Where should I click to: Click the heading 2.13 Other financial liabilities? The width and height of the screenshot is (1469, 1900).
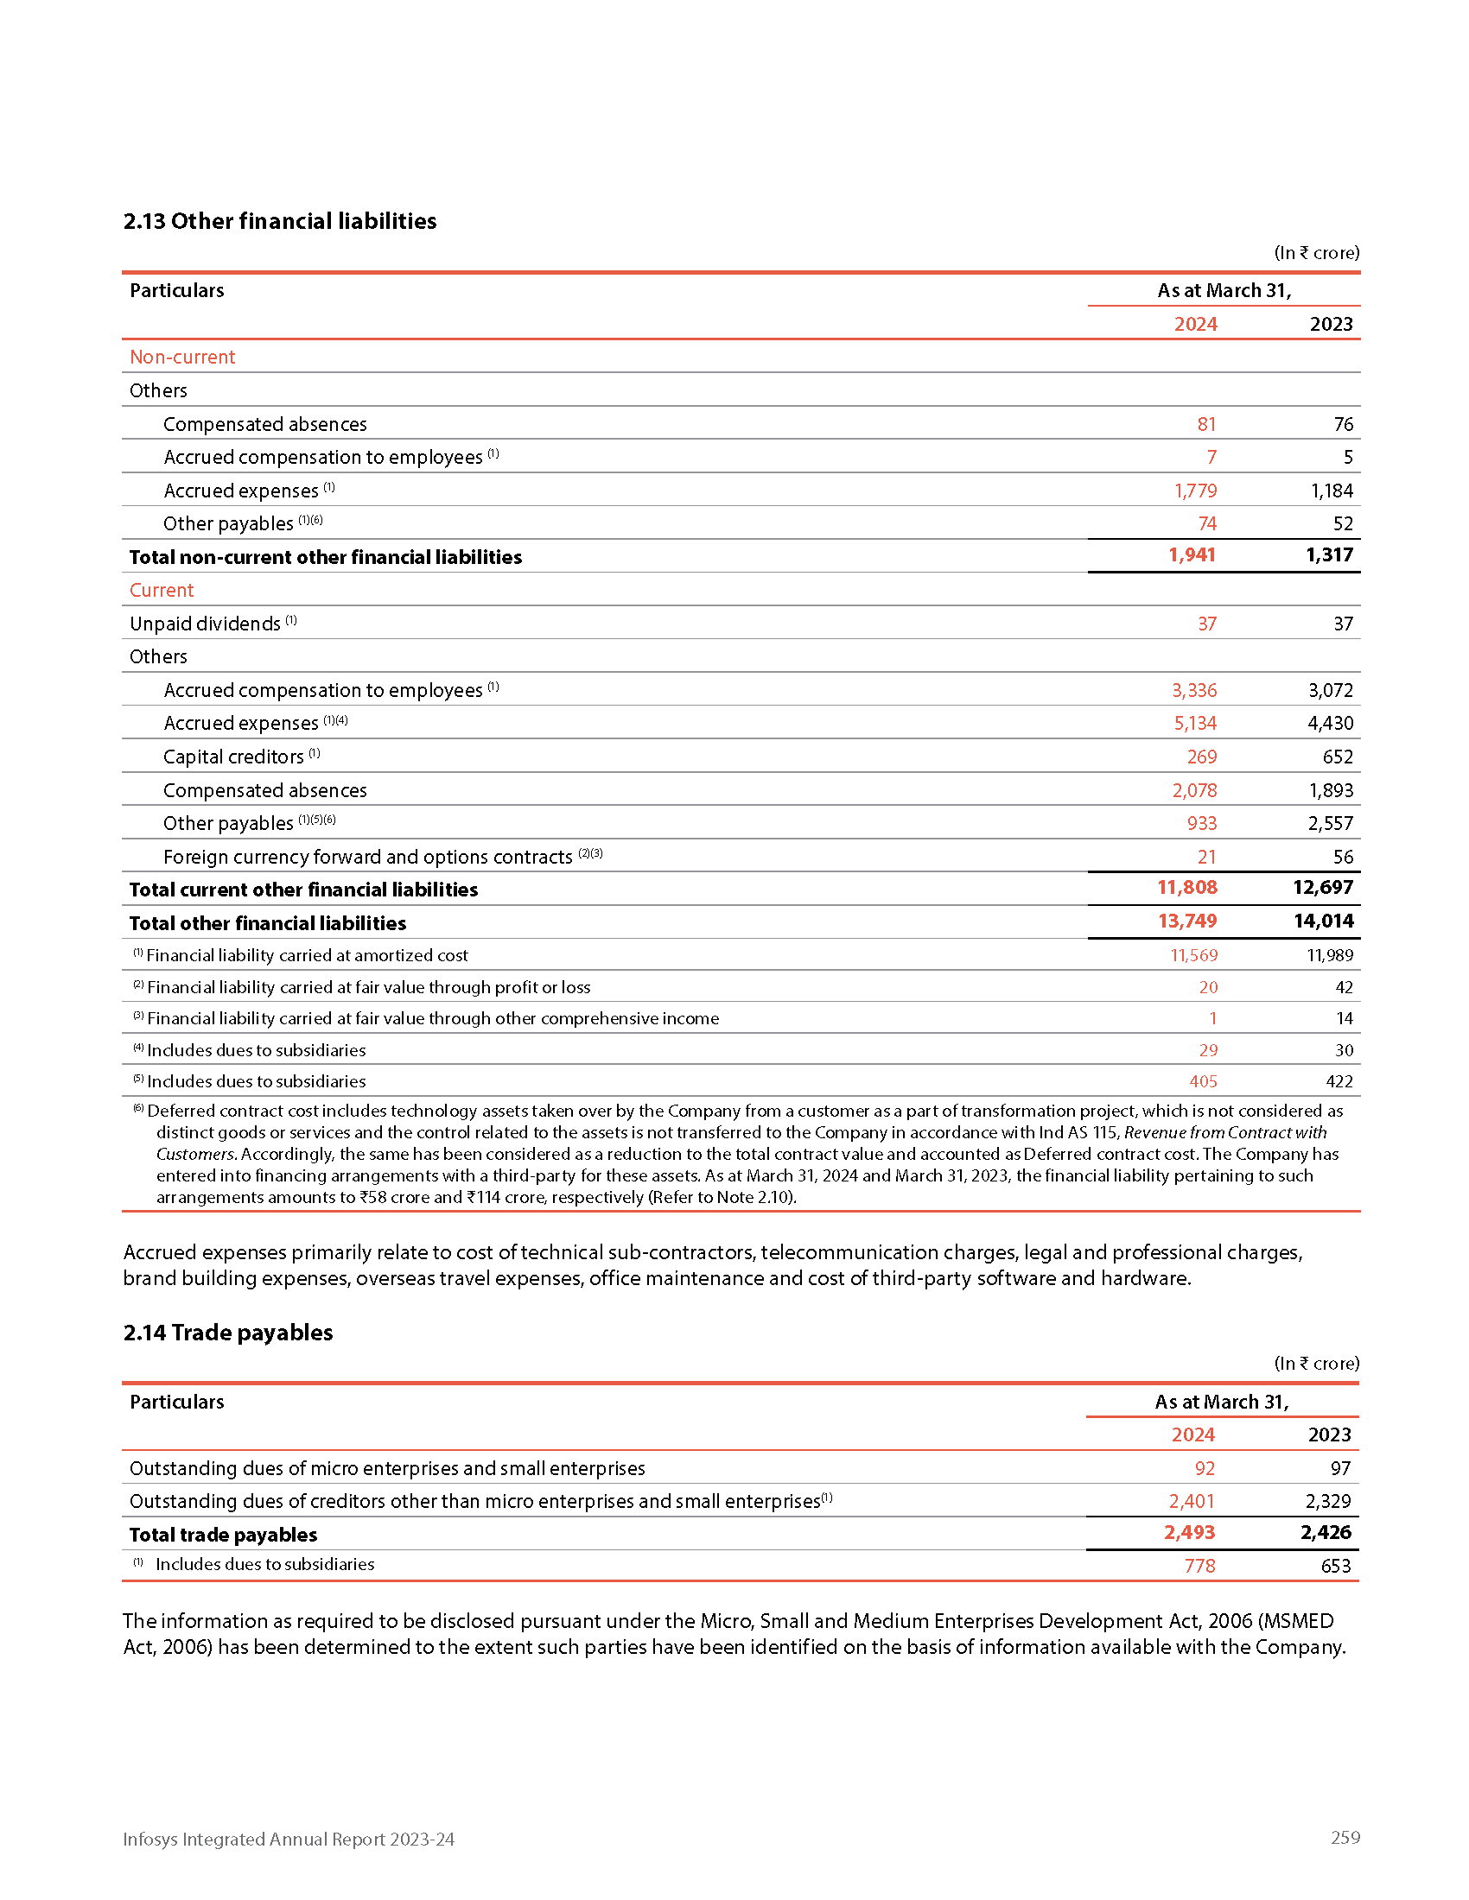[279, 221]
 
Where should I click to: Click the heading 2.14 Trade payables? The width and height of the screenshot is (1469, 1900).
[228, 1332]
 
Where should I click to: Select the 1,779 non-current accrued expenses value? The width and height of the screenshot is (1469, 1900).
[1195, 491]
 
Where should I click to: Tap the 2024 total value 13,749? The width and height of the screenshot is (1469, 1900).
[1187, 921]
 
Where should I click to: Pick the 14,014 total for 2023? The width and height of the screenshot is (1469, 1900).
[1323, 921]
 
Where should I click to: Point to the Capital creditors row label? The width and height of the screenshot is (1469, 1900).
[233, 757]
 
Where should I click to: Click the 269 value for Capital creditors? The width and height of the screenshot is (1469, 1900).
[1202, 757]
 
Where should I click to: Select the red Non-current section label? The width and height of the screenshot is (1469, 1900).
[182, 357]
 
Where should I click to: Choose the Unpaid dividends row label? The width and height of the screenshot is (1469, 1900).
[206, 624]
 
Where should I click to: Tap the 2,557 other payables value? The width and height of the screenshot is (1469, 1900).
[1330, 823]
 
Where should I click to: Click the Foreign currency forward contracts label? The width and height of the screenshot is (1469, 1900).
[367, 857]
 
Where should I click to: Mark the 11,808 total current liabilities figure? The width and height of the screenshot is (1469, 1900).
[1187, 887]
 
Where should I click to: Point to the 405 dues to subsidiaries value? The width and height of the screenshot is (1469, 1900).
[1203, 1081]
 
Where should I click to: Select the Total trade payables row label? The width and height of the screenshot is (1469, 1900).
[224, 1535]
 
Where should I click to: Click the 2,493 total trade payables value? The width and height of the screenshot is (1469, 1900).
[1189, 1533]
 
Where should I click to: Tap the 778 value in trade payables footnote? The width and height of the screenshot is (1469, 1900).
[1199, 1566]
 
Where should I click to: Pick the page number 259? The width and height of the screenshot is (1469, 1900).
[1345, 1837]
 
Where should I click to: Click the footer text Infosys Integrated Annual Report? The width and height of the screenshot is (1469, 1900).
[288, 1839]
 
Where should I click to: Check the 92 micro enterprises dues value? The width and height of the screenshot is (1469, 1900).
[1205, 1468]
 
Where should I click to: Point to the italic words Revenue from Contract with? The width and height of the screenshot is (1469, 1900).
[1225, 1133]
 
